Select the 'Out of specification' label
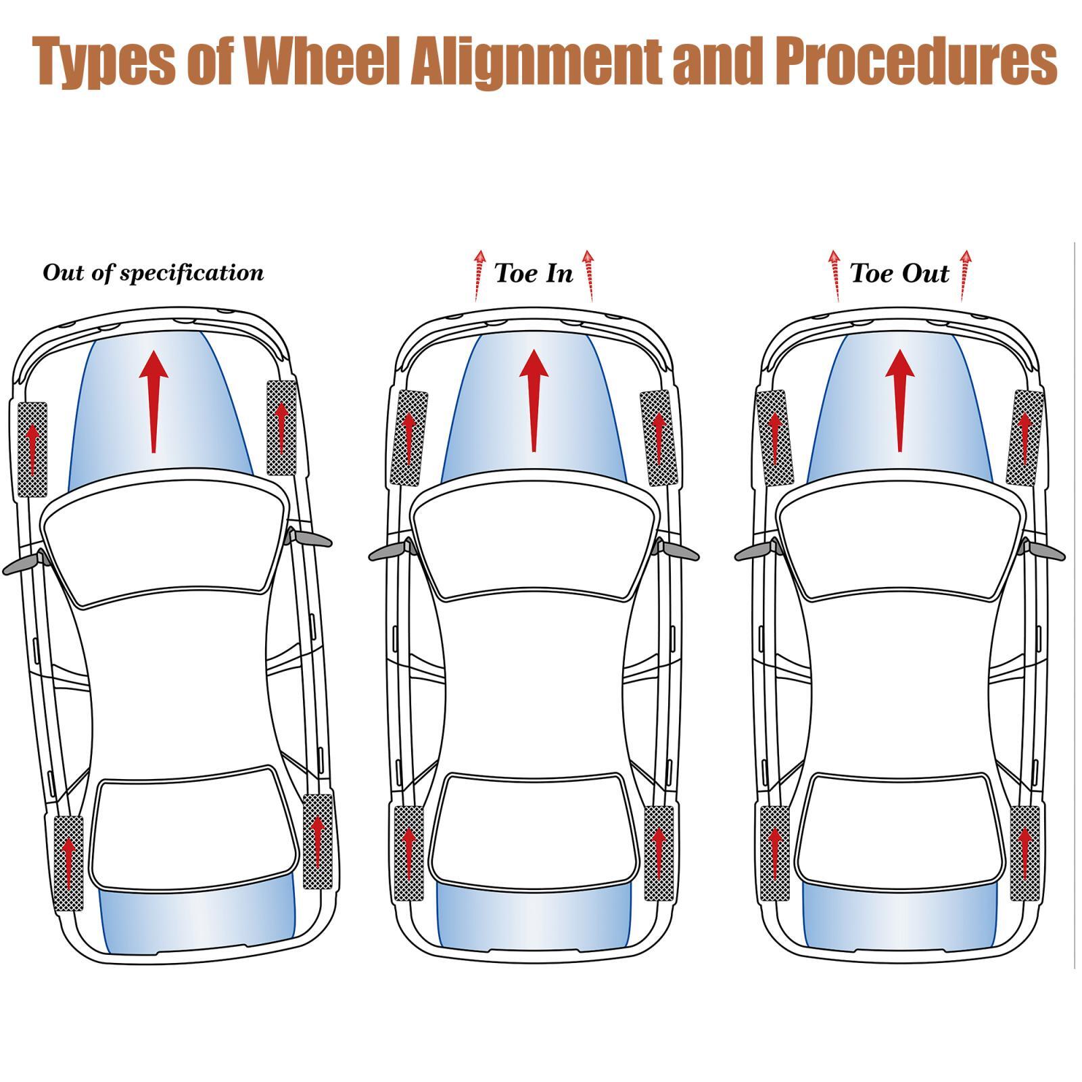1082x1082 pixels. tap(153, 273)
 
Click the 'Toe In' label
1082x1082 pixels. tap(534, 273)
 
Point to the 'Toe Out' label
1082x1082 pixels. tap(899, 273)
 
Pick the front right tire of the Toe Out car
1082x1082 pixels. tap(1025, 438)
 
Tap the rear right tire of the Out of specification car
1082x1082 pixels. tap(318, 841)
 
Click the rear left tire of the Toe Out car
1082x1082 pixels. tap(775, 853)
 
